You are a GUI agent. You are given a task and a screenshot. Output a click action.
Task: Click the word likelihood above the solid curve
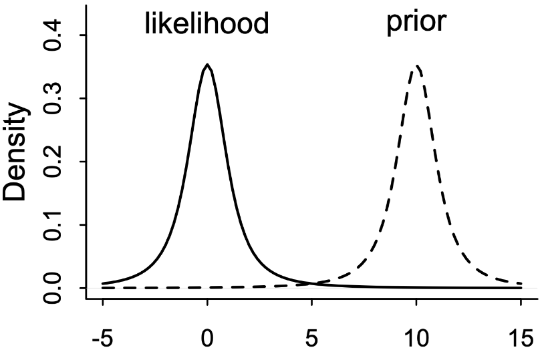pos(207,24)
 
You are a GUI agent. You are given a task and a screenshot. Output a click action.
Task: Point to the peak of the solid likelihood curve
pos(208,65)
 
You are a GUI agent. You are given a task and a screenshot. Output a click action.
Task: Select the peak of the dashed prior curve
pos(417,65)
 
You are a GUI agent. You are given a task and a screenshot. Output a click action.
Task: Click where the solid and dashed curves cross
pos(312,284)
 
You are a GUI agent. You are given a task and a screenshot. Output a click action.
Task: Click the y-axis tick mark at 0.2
pos(82,162)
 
